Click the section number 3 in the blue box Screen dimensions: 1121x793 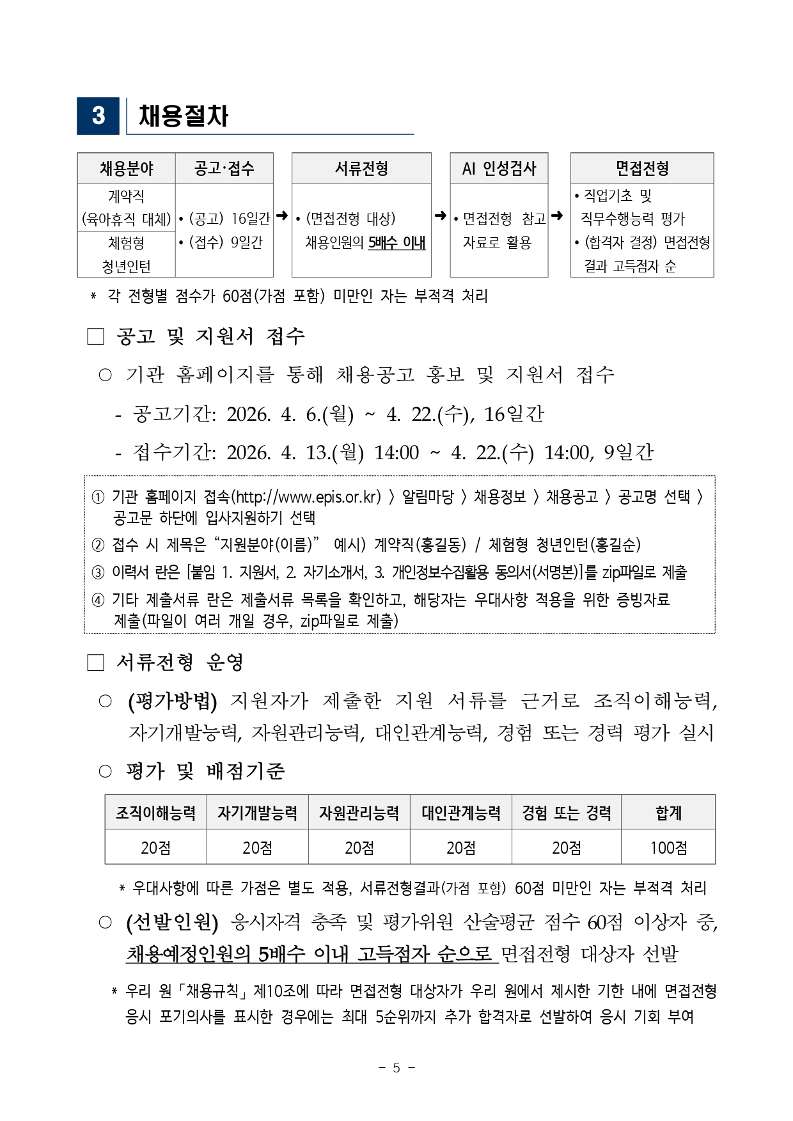click(98, 116)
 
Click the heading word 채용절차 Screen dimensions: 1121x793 click(184, 116)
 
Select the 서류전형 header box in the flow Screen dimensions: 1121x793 click(361, 168)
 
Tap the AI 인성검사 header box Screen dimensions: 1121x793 click(499, 168)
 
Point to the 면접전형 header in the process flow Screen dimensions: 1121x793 click(641, 168)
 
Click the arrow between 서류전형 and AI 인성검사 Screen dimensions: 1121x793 click(441, 216)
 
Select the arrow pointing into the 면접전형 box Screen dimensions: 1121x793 click(557, 216)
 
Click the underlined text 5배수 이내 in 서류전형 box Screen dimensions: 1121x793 click(396, 243)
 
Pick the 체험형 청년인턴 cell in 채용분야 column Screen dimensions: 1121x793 click(126, 255)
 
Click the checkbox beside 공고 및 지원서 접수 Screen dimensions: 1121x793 click(95, 336)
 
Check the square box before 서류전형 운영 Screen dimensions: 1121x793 click(95, 662)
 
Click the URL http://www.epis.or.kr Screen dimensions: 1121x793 click(308, 497)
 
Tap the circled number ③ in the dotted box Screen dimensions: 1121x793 click(98, 572)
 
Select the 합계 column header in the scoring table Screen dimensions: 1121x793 click(668, 813)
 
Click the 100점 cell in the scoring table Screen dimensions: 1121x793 click(668, 848)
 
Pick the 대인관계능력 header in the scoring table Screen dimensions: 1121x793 click(460, 813)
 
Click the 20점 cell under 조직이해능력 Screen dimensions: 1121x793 click(155, 848)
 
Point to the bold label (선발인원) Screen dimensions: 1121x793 click(173, 922)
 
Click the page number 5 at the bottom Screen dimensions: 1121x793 click(396, 1067)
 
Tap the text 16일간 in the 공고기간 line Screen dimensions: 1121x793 click(514, 414)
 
